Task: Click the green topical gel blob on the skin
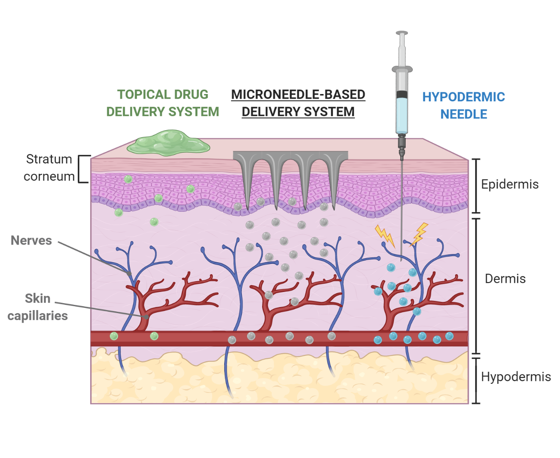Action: click(168, 143)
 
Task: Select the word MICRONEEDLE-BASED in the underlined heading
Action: click(298, 94)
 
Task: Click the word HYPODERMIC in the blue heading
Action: click(463, 97)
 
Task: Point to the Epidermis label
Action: click(510, 185)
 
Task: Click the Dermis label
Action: click(505, 279)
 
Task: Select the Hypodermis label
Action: click(516, 377)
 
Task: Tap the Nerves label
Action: click(31, 241)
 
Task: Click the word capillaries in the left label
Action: click(38, 316)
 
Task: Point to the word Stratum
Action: click(49, 159)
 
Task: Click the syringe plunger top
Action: click(402, 33)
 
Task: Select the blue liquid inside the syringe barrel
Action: click(402, 115)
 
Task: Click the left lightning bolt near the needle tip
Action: click(385, 235)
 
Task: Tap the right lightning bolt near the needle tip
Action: click(419, 233)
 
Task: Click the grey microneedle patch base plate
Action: click(290, 156)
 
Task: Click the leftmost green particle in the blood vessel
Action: click(114, 336)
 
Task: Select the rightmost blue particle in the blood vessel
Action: click(449, 336)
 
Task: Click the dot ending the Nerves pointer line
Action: click(129, 273)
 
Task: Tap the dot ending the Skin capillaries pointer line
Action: click(147, 317)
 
